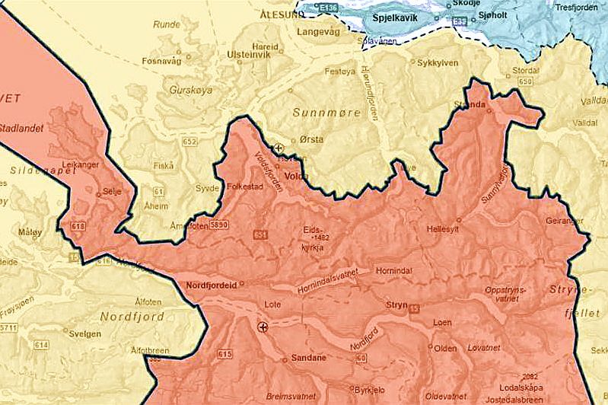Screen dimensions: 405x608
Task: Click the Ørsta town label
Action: [x=312, y=139]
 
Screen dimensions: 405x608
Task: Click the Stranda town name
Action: [x=469, y=105]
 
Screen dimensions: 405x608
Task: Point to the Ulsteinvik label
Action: [x=250, y=55]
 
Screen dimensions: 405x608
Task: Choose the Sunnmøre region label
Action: [x=319, y=113]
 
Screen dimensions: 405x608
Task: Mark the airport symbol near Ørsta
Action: [x=279, y=148]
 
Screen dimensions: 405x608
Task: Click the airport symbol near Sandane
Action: [x=263, y=327]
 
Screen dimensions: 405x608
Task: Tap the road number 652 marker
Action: [x=189, y=142]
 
